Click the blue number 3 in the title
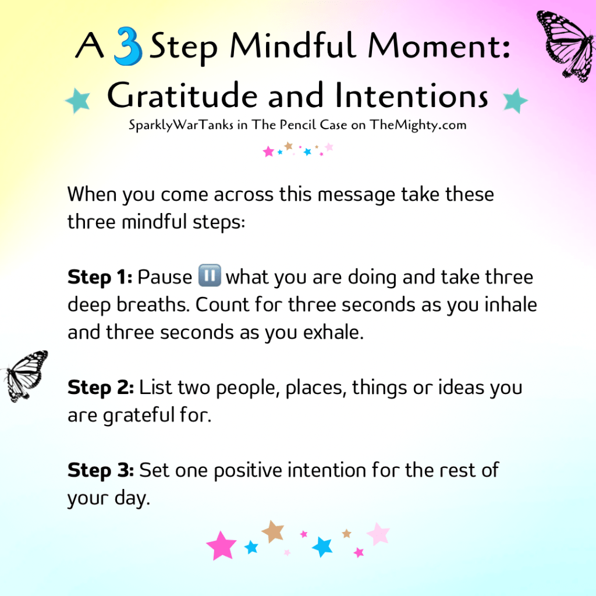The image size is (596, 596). (128, 46)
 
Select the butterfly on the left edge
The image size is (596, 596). (25, 376)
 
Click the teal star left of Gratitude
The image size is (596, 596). (78, 100)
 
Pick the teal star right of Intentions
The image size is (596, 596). (515, 100)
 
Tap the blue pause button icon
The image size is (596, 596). (210, 275)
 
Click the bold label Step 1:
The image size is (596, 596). (100, 277)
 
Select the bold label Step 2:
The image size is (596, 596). (101, 388)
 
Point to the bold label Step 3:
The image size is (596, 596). (101, 470)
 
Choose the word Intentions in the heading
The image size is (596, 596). (411, 95)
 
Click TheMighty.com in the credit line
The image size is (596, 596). (418, 125)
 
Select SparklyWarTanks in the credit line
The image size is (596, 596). (181, 125)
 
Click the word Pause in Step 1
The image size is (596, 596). (165, 277)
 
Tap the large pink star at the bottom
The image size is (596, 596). (221, 545)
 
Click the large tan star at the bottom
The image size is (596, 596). (273, 531)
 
